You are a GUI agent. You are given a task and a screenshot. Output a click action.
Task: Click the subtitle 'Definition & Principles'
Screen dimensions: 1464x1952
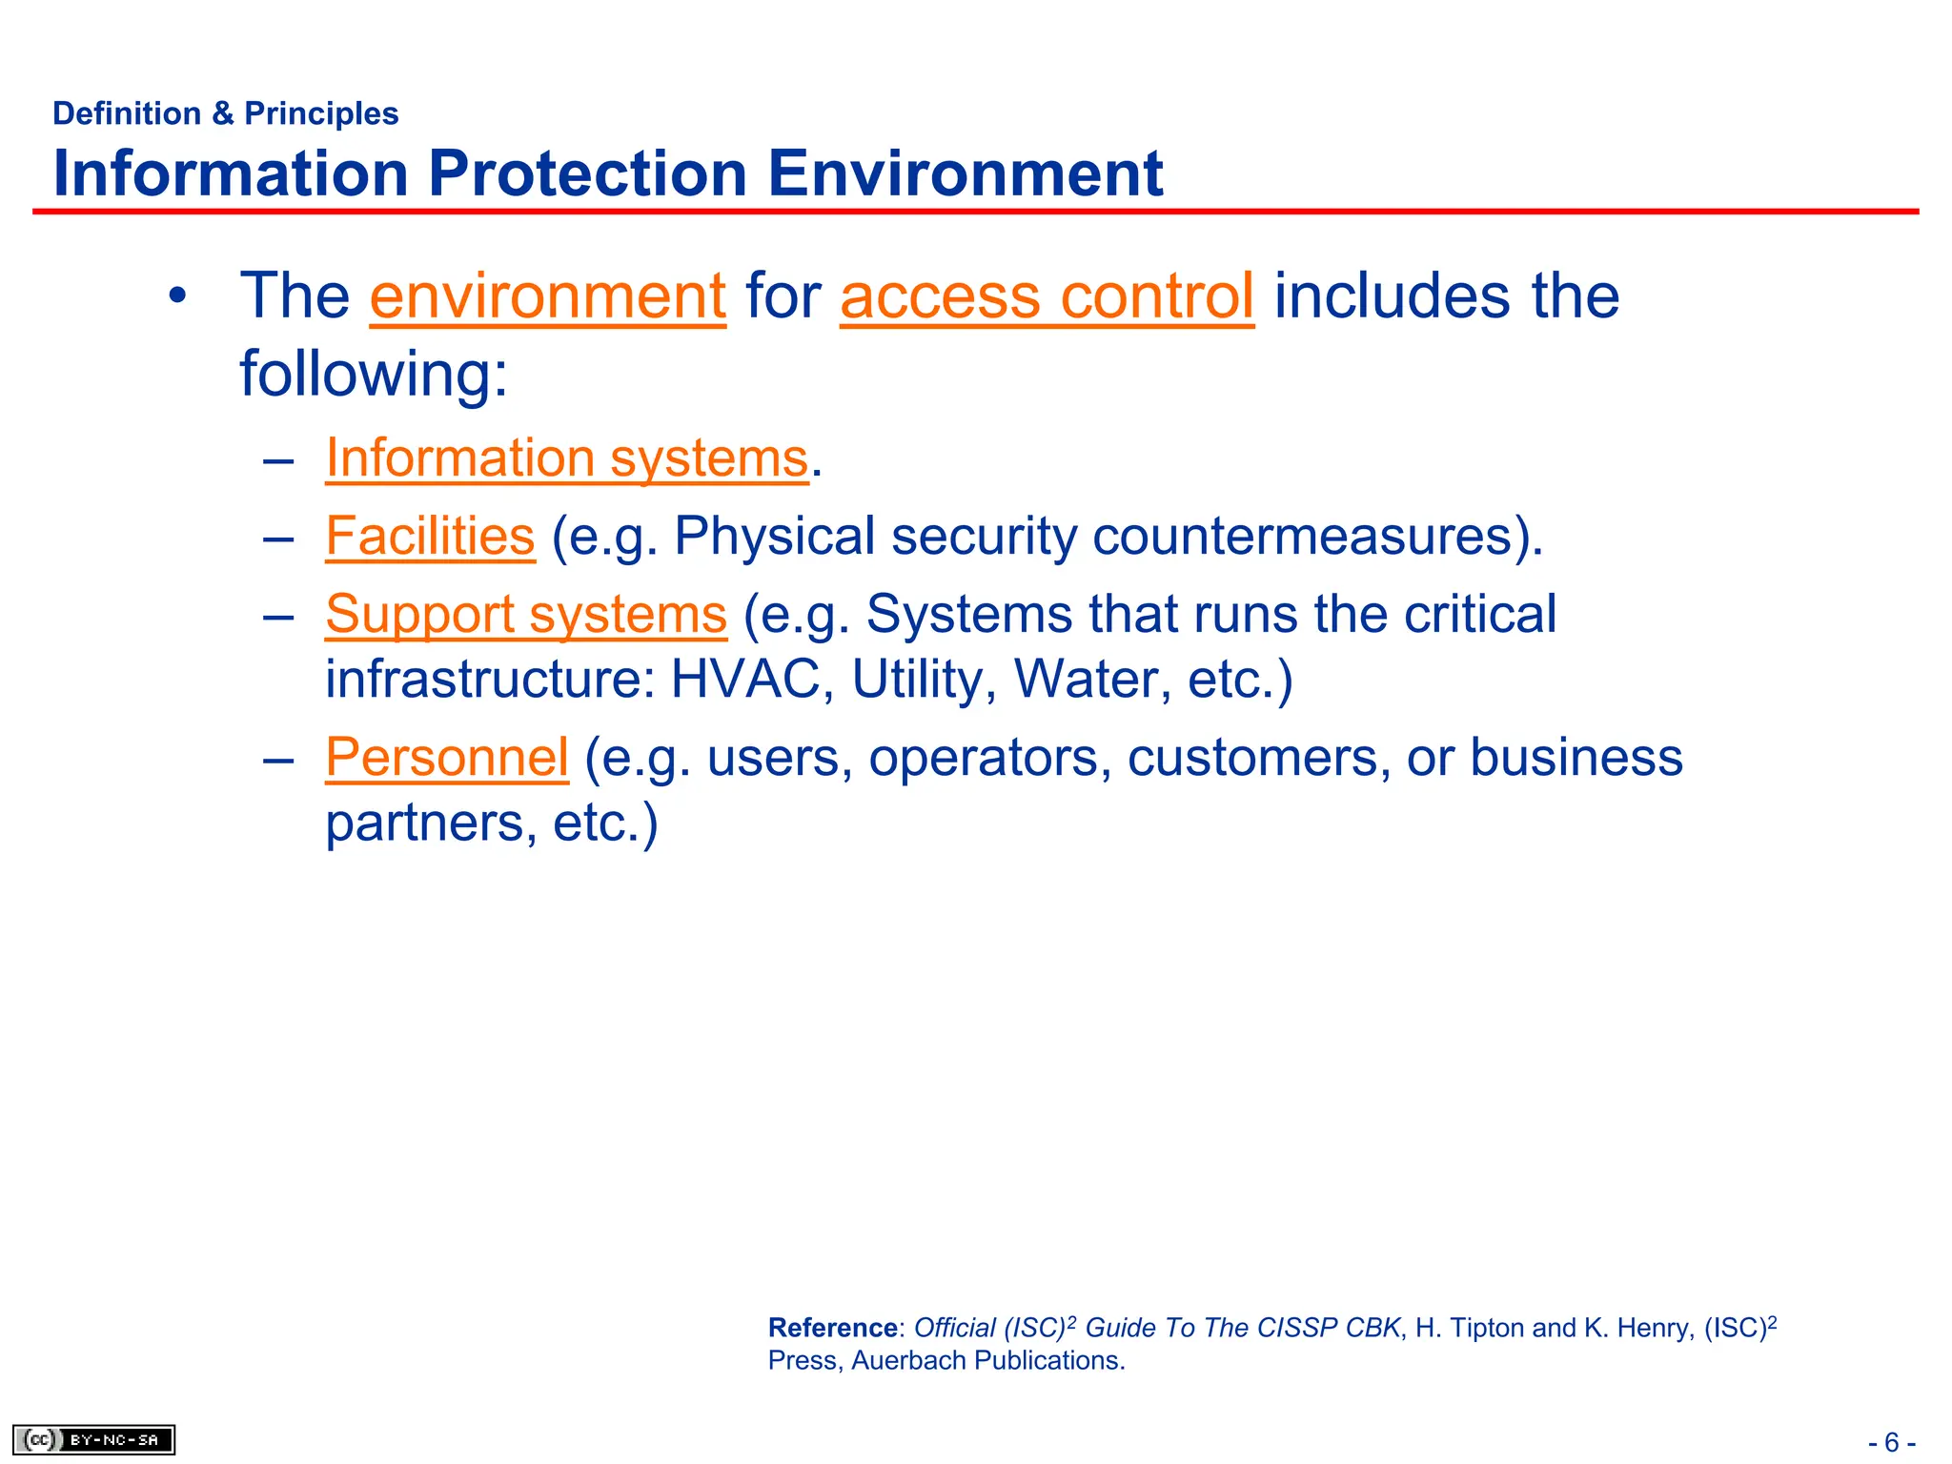(225, 113)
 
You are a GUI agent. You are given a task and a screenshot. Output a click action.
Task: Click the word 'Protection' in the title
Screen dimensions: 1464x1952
(587, 174)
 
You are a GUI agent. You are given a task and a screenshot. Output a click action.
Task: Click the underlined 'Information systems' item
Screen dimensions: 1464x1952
(566, 458)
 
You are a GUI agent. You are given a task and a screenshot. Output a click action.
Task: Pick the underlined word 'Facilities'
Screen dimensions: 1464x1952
(430, 536)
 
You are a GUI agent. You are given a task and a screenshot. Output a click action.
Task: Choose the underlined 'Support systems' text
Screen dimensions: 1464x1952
(525, 614)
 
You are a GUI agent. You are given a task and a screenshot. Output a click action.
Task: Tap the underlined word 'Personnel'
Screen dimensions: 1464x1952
(446, 758)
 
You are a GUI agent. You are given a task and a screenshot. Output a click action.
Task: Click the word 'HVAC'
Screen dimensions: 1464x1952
(745, 680)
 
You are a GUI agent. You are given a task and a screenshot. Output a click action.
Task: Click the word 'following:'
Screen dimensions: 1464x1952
(374, 374)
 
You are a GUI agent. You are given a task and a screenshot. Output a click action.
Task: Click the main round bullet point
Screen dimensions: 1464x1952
(176, 296)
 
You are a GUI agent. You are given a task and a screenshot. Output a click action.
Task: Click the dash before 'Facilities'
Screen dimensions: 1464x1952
(277, 538)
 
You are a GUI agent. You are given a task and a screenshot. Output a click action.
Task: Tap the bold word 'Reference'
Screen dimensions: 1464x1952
(832, 1328)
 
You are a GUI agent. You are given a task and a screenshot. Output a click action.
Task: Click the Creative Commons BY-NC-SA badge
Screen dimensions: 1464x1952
(93, 1439)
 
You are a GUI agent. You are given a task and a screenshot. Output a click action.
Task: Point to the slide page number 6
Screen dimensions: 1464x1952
(1891, 1442)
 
